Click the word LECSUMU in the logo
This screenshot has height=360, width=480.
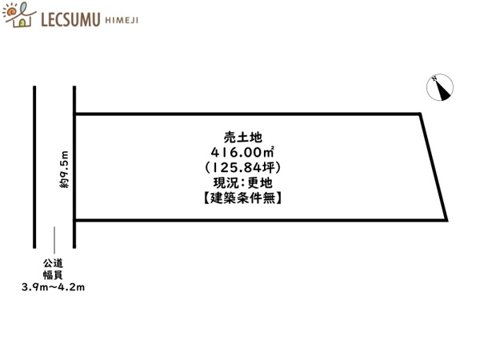click(x=70, y=19)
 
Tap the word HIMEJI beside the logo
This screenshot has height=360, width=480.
click(x=122, y=21)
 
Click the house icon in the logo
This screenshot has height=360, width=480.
click(x=19, y=15)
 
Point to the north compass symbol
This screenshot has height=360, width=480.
click(x=440, y=87)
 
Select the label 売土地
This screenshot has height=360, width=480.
click(x=242, y=138)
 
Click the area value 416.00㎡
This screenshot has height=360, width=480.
click(x=242, y=152)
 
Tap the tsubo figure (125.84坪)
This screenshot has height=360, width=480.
click(x=242, y=167)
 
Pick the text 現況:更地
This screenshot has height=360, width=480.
click(x=242, y=182)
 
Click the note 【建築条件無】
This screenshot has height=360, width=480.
click(x=242, y=198)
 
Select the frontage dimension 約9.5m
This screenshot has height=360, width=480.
click(x=64, y=170)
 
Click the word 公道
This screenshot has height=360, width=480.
click(x=53, y=263)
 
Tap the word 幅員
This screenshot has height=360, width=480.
click(x=53, y=275)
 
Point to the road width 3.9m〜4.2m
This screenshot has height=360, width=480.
click(x=53, y=287)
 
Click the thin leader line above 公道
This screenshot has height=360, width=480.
click(x=54, y=240)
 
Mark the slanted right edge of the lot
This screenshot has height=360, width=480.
click(x=434, y=167)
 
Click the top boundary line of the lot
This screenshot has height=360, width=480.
click(x=247, y=114)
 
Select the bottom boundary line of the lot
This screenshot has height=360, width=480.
click(x=261, y=220)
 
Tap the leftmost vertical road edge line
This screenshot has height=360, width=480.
click(x=34, y=167)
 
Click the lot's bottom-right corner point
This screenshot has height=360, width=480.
click(x=446, y=220)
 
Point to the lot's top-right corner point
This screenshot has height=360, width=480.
click(x=420, y=114)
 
